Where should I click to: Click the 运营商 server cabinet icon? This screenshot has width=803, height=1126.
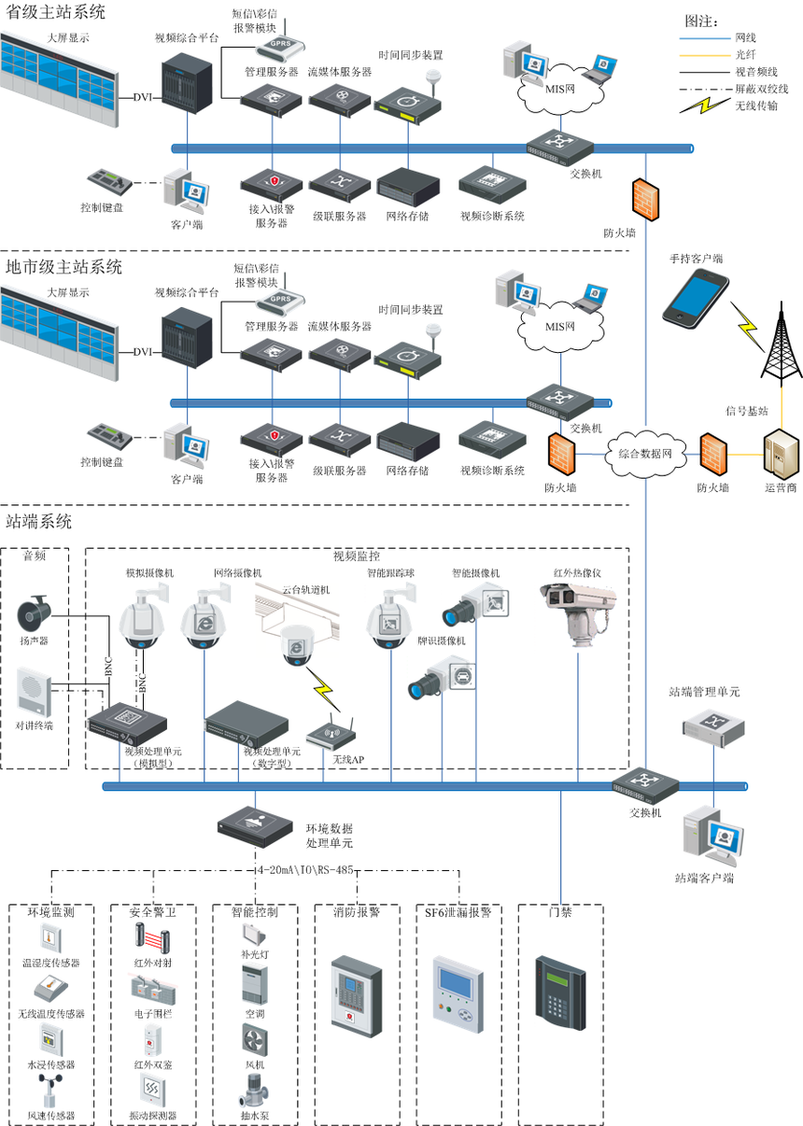(x=780, y=455)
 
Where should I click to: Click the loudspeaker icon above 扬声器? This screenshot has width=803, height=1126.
(x=36, y=613)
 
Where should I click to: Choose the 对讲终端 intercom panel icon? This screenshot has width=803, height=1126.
(x=35, y=692)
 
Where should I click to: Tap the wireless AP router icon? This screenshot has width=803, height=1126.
(x=332, y=732)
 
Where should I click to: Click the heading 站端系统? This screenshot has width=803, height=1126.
(x=38, y=521)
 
